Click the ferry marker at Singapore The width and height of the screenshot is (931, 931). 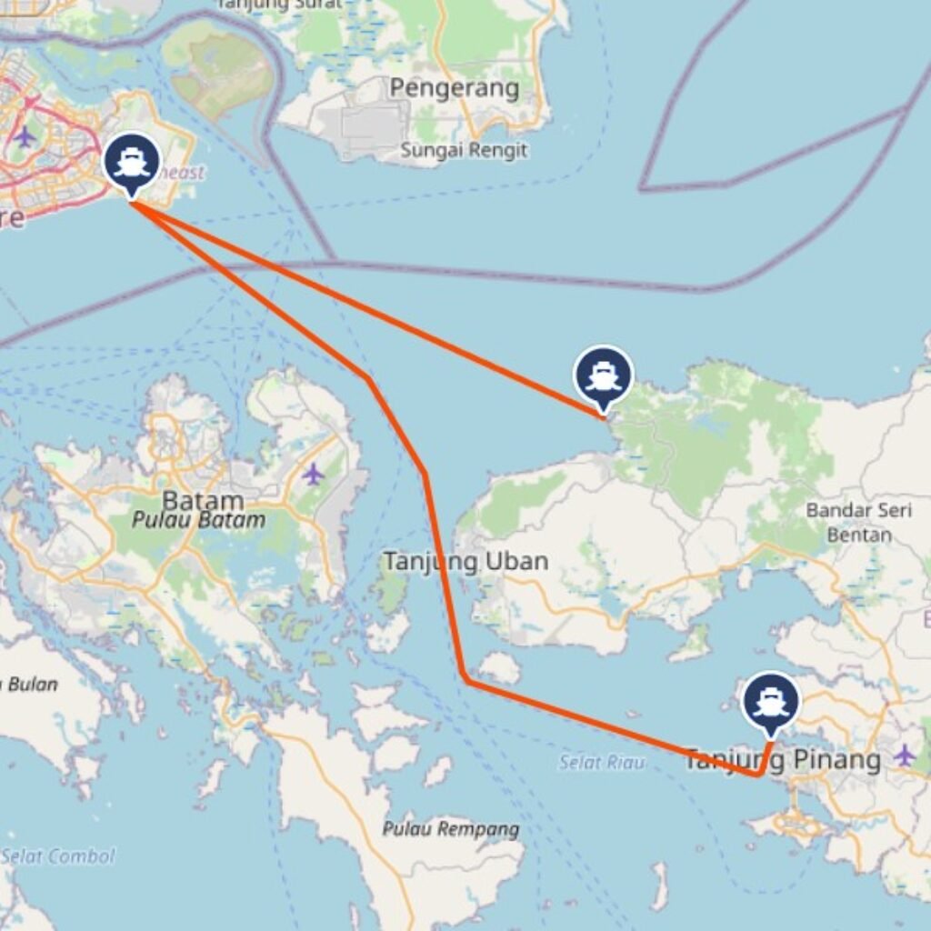[x=132, y=164]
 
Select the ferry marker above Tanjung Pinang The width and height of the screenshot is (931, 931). [x=771, y=701]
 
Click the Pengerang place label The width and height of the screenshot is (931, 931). [x=455, y=88]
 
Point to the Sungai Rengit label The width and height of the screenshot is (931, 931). [x=464, y=150]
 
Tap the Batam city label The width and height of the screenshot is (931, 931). [x=203, y=500]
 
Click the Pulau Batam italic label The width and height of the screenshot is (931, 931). [x=199, y=521]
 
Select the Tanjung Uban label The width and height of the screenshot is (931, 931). [x=465, y=562]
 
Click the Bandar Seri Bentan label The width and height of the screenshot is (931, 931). [x=858, y=522]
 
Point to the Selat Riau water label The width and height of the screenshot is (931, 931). [x=601, y=762]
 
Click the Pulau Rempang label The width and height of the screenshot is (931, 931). [x=451, y=829]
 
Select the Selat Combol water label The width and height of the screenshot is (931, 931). [x=58, y=856]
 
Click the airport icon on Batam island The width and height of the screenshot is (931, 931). [x=313, y=474]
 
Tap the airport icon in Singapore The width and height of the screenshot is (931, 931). [x=25, y=136]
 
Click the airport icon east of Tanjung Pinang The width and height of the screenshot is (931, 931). [x=904, y=755]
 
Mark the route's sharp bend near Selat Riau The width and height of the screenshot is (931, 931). [x=465, y=678]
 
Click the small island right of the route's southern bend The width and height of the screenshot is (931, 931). [x=499, y=668]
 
